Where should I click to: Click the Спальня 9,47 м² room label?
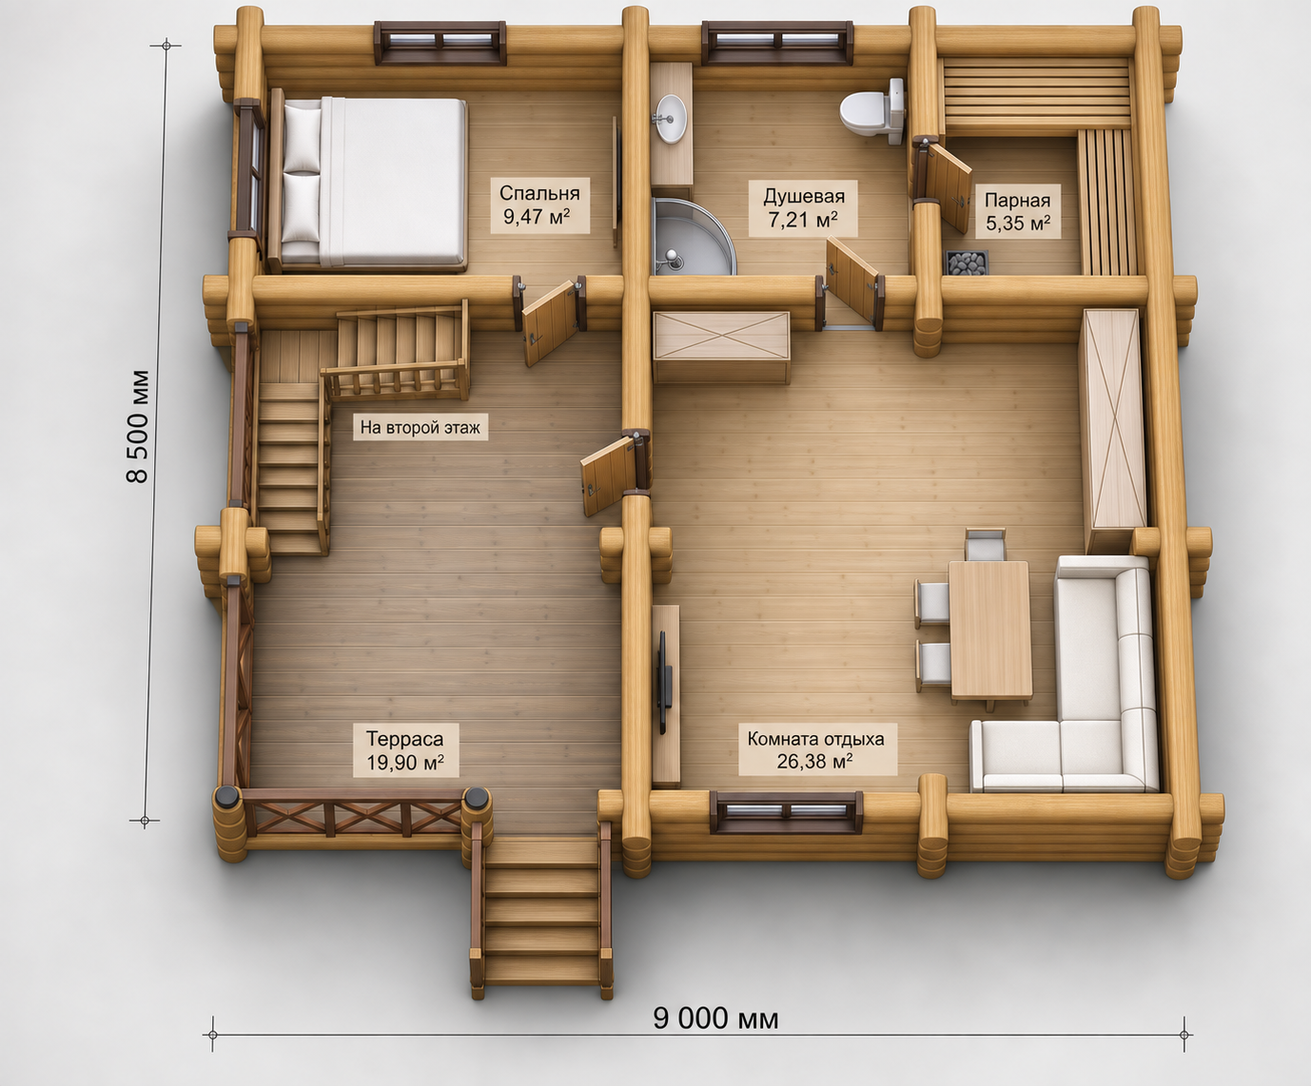coord(539,204)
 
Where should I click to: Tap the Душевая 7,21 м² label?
coord(803,207)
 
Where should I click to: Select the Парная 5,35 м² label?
coord(1018,211)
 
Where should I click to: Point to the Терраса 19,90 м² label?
coord(405,750)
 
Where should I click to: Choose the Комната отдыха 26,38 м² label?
coord(816,749)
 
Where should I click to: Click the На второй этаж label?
coord(421,428)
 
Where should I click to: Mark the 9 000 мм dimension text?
coord(715,1018)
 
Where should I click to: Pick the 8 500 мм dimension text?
coord(138,427)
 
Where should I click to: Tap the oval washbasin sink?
coord(671,118)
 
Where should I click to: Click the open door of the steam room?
coord(945,185)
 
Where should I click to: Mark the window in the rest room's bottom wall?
coord(786,812)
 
